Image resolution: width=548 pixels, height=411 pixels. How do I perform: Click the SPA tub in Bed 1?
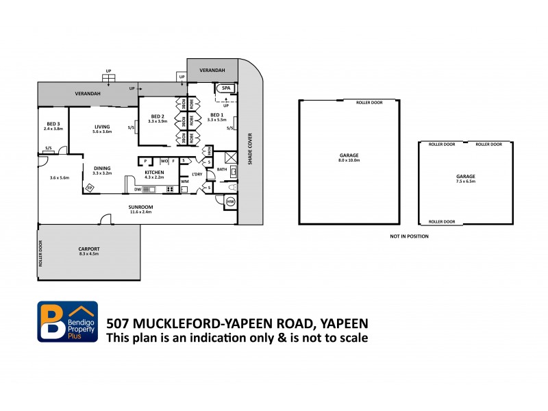click(225, 88)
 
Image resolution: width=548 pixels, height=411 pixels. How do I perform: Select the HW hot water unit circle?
click(230, 201)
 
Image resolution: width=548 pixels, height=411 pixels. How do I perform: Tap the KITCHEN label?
click(154, 172)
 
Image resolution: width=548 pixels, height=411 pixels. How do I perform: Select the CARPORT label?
click(89, 249)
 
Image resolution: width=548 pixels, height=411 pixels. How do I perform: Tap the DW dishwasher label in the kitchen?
click(138, 189)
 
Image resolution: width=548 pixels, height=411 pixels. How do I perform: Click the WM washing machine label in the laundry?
click(184, 181)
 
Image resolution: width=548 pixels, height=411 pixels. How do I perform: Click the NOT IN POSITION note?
click(409, 236)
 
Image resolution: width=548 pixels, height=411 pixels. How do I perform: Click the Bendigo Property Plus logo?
click(67, 322)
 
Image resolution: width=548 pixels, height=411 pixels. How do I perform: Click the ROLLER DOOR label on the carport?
click(41, 253)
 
